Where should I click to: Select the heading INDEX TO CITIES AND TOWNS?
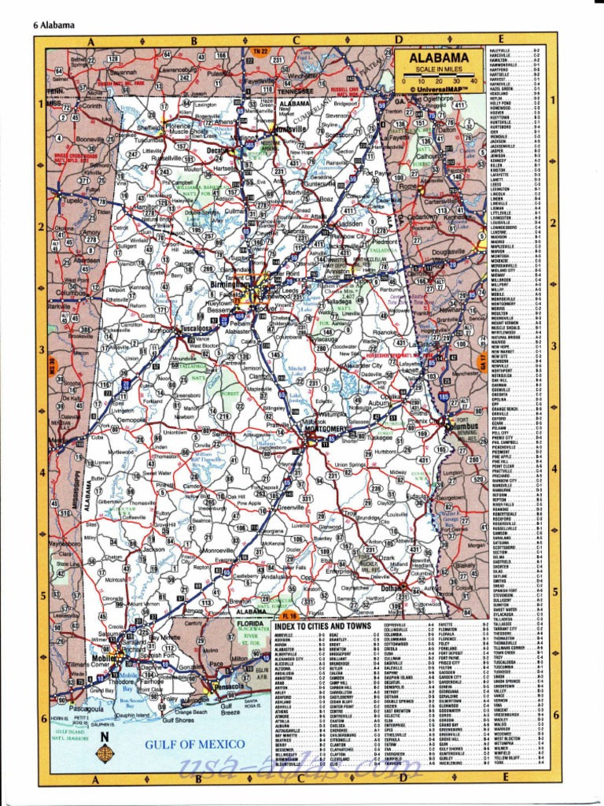(322, 625)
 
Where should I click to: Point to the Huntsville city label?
(291, 128)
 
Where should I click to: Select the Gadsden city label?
(349, 223)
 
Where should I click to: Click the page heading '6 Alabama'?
(53, 24)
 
